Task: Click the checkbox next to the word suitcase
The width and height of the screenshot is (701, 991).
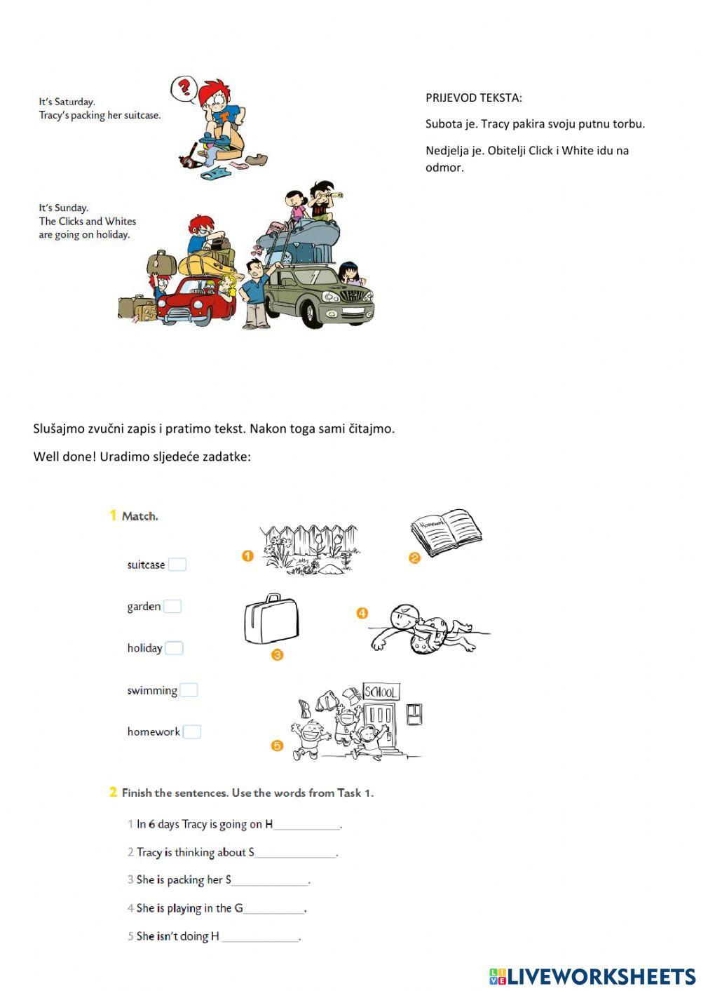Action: click(177, 565)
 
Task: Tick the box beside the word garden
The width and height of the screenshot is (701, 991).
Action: click(172, 607)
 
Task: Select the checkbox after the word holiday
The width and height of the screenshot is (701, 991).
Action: click(174, 648)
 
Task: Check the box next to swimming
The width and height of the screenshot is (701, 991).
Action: click(189, 690)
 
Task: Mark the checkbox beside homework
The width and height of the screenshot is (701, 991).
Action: click(191, 732)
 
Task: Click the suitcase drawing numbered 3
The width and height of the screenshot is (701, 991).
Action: click(271, 619)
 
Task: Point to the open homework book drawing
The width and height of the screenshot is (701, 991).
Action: click(447, 532)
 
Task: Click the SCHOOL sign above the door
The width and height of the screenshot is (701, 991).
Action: click(381, 692)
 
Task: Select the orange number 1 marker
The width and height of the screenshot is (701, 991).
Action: click(247, 556)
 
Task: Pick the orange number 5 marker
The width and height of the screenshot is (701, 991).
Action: click(277, 746)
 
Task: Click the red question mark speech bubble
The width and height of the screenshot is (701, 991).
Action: click(184, 88)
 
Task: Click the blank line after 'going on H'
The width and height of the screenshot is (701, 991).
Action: click(306, 825)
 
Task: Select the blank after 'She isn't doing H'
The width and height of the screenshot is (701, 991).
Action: click(260, 937)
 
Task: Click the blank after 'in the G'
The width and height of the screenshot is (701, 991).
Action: click(274, 909)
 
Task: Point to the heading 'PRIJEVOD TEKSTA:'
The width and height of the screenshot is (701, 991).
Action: click(473, 97)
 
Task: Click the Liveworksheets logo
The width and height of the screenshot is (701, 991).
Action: click(592, 976)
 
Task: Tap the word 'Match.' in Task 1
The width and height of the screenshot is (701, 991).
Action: click(139, 516)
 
